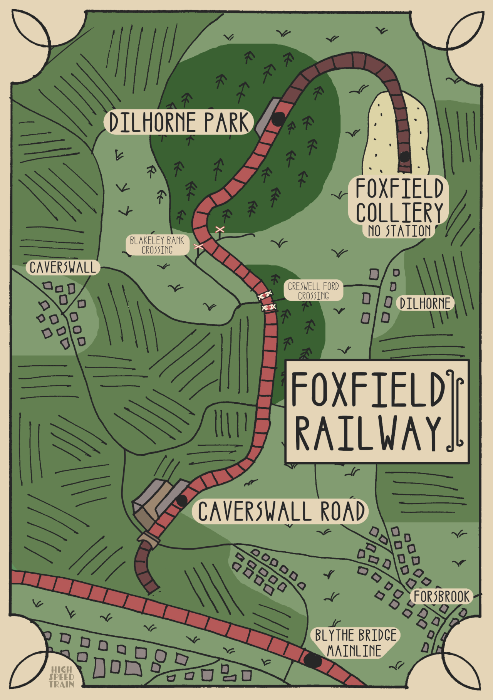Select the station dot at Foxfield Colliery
[x=404, y=157]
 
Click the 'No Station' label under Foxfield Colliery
[x=399, y=231]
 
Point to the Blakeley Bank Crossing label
[x=157, y=245]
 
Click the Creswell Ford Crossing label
[x=313, y=291]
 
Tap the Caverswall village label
[x=63, y=267]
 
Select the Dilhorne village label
[x=425, y=304]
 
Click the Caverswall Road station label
[x=280, y=511]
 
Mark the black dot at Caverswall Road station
[x=181, y=500]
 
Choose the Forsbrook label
[x=441, y=597]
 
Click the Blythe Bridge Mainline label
[x=355, y=643]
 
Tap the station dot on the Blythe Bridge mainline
[x=312, y=660]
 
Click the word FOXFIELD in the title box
[x=366, y=389]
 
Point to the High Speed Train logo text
[x=62, y=677]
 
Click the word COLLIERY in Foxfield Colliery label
[x=399, y=212]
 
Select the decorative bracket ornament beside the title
[x=455, y=411]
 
